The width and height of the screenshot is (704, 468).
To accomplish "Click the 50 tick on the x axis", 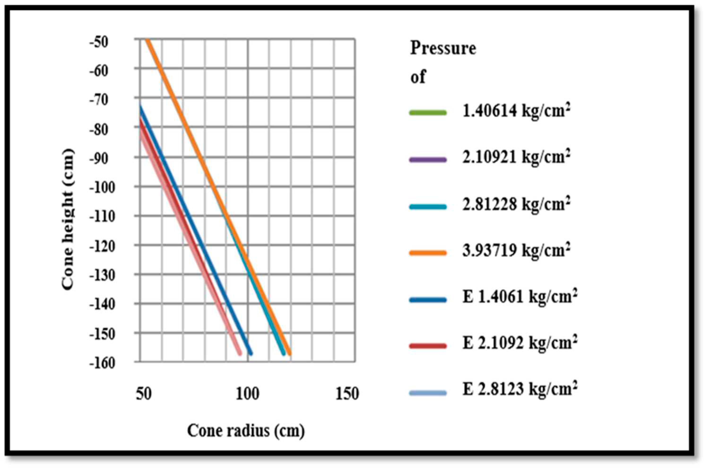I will (144, 394).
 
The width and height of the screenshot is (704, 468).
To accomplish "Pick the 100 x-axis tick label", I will (247, 394).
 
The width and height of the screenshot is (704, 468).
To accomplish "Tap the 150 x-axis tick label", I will (347, 394).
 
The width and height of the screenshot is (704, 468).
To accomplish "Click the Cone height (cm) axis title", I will (68, 219).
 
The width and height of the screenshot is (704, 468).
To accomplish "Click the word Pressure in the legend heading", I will (443, 48).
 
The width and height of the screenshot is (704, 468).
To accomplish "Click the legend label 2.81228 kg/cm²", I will (516, 205).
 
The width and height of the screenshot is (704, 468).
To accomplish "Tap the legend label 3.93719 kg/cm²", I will (516, 251).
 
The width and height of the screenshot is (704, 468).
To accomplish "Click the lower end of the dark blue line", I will (251, 354).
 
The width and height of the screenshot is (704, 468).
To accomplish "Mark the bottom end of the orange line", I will (289, 354).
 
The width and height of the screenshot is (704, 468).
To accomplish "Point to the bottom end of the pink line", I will (240, 354).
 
